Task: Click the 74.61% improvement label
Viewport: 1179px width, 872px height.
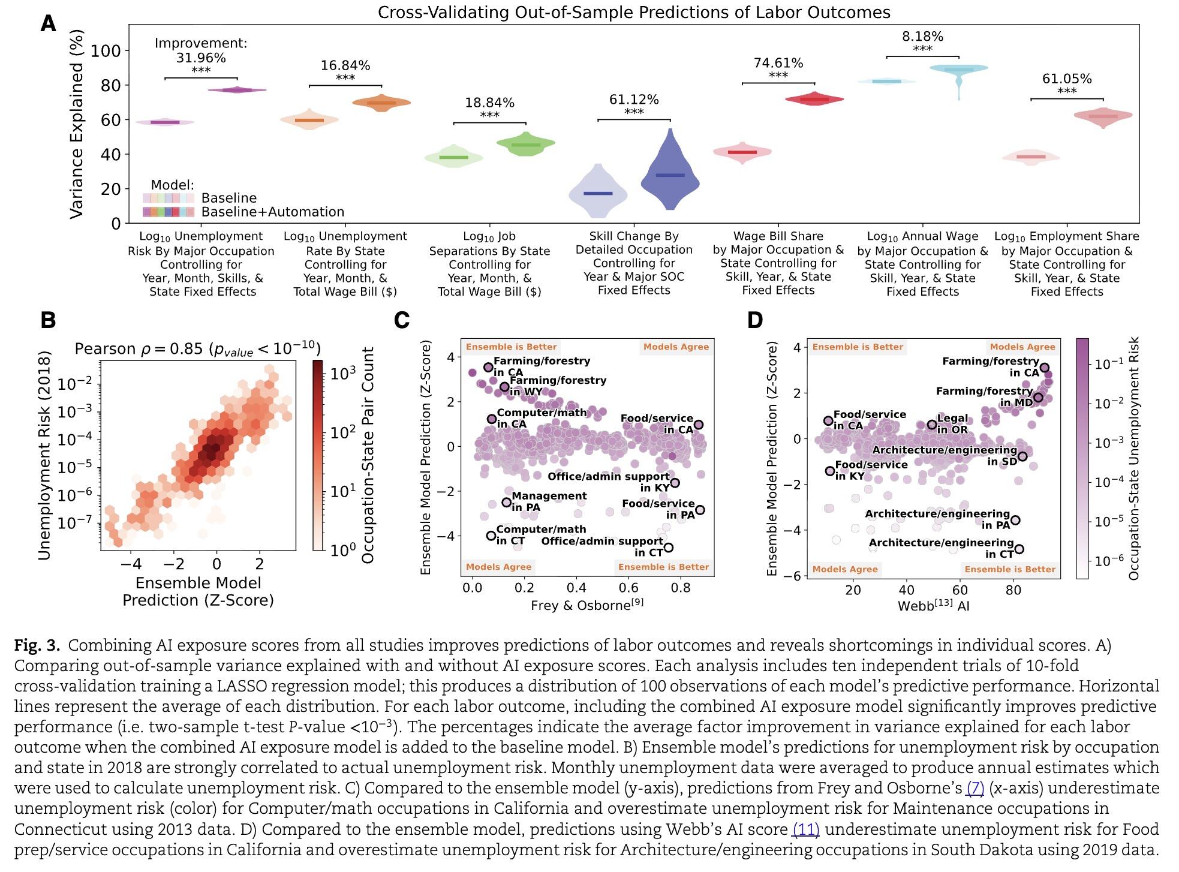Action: (778, 63)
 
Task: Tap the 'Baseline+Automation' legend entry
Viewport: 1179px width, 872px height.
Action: (272, 212)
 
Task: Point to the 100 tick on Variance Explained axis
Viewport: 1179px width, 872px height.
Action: (106, 51)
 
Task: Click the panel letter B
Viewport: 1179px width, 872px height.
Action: (48, 320)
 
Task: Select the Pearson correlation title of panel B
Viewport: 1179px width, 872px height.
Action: (197, 349)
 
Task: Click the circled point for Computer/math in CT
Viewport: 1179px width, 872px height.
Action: (491, 536)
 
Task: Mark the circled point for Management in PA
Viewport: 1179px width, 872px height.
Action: (506, 502)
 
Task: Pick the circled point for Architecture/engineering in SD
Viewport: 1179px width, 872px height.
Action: (1022, 456)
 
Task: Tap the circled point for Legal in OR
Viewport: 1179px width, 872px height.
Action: (932, 425)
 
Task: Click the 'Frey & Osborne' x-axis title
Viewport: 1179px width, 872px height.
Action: (587, 605)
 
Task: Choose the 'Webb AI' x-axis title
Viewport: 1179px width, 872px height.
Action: (933, 605)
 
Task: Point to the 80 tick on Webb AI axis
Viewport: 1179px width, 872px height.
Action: (1013, 590)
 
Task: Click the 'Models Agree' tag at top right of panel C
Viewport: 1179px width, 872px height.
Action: (676, 347)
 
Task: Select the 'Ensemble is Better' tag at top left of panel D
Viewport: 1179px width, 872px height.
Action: (858, 347)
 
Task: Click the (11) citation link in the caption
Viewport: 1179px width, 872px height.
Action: (805, 829)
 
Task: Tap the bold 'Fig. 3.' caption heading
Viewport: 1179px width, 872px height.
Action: (37, 645)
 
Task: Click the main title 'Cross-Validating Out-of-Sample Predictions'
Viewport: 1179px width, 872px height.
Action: (633, 13)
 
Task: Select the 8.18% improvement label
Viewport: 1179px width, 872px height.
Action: (922, 37)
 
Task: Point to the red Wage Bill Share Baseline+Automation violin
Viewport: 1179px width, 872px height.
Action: (814, 99)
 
